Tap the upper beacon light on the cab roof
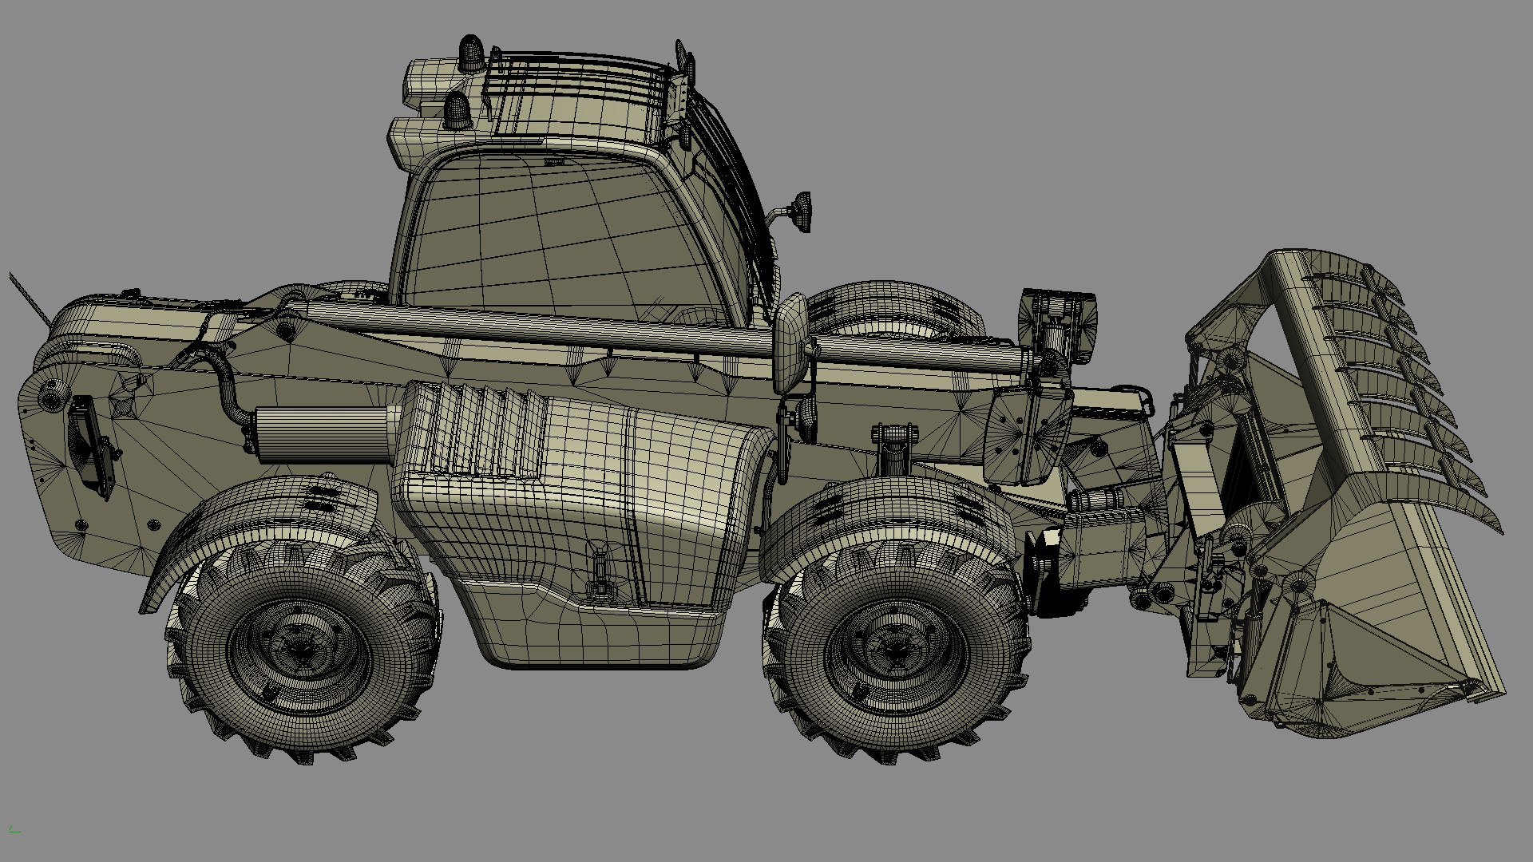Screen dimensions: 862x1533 (470, 53)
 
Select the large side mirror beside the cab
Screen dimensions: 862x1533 (792, 343)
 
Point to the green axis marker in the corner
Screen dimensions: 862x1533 (14, 830)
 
